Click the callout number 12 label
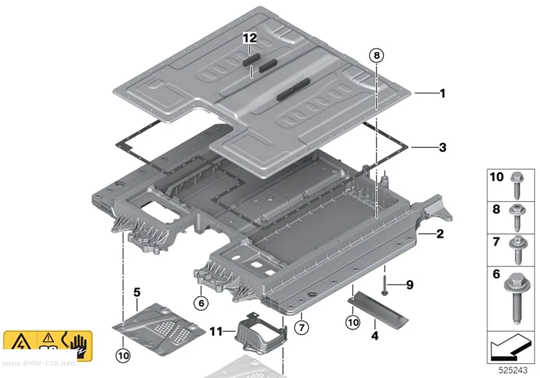(x=249, y=38)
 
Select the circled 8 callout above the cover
(x=376, y=55)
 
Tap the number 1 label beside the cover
(x=442, y=93)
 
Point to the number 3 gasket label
(x=442, y=148)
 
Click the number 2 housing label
(x=440, y=234)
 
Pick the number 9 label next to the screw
(x=409, y=285)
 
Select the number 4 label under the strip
(x=375, y=335)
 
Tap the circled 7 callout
(x=302, y=327)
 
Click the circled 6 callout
(x=201, y=303)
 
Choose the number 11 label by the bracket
(x=217, y=332)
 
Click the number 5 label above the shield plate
(x=137, y=292)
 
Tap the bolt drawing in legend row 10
(x=517, y=185)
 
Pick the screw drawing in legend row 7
(x=517, y=249)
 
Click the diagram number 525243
(x=513, y=370)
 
